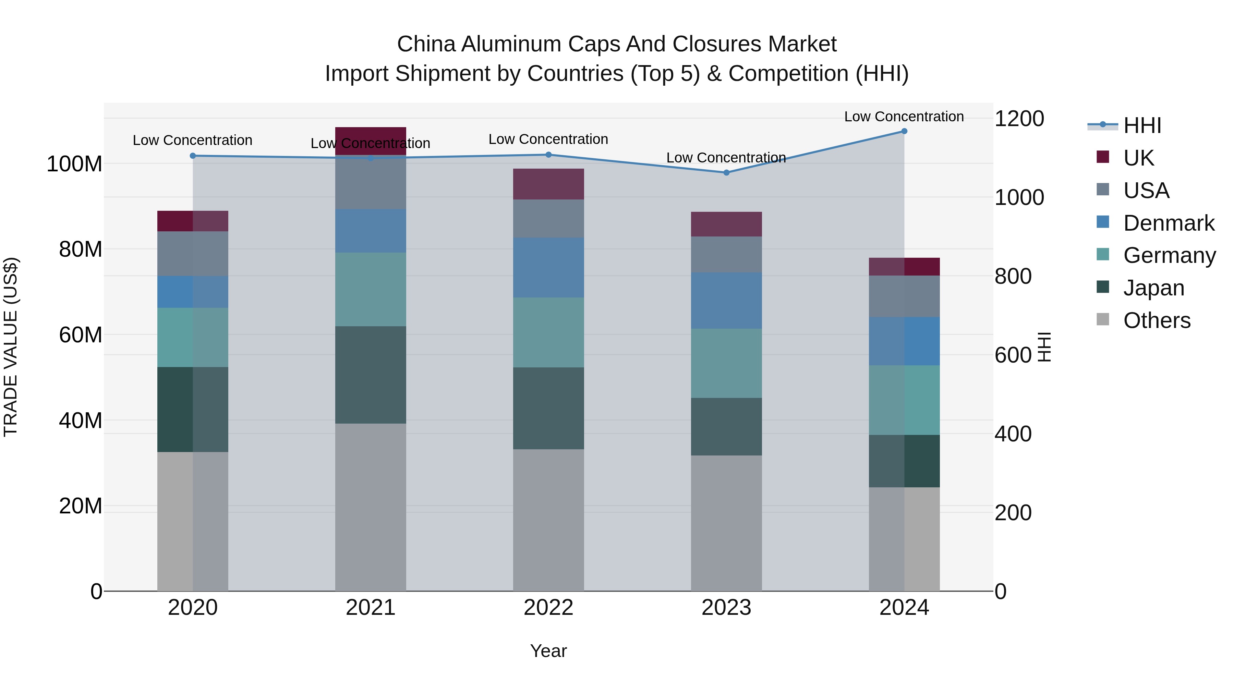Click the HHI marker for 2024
tap(904, 131)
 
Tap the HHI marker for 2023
tap(726, 172)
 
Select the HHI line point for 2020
tap(193, 156)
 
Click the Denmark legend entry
tap(1169, 223)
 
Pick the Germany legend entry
tap(1169, 255)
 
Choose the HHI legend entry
tap(1142, 125)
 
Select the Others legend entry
tap(1157, 320)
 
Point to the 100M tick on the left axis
tap(74, 164)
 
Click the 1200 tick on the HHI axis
tap(1019, 119)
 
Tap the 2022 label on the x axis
tap(548, 608)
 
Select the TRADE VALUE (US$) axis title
tap(11, 347)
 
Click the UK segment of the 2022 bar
tap(548, 184)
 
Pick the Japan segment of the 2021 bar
tap(370, 375)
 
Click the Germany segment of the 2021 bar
tap(370, 289)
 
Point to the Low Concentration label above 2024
tap(904, 117)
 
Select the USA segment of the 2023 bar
tap(726, 254)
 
